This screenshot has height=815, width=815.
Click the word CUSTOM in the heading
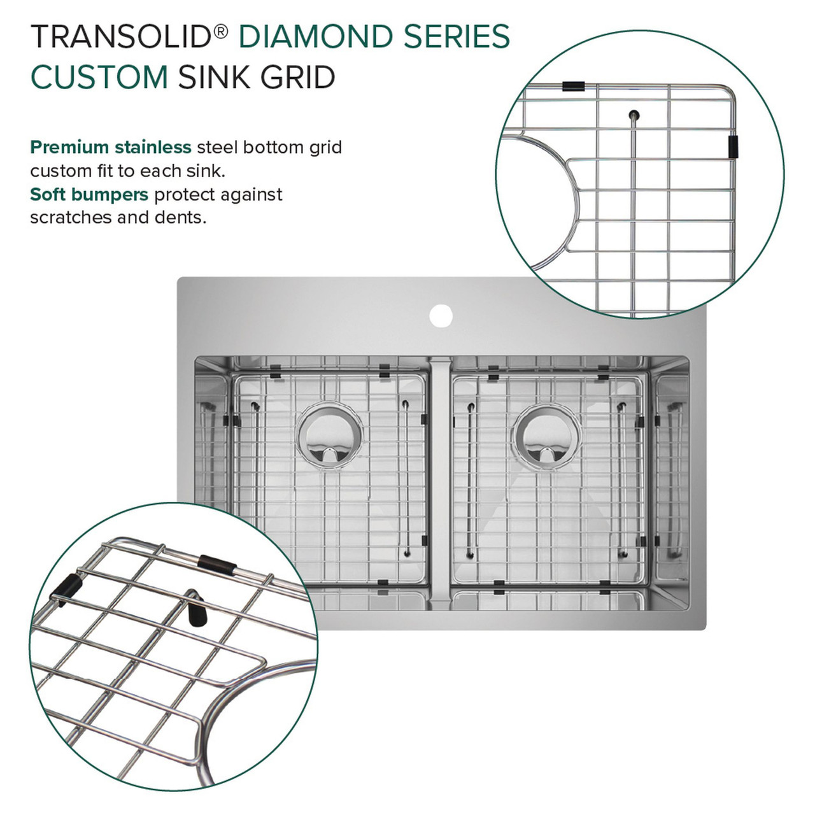pyautogui.click(x=99, y=78)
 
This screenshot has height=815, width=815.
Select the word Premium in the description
pyautogui.click(x=69, y=148)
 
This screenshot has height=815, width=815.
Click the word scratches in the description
pyautogui.click(x=71, y=217)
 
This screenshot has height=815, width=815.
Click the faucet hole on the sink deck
pyautogui.click(x=441, y=315)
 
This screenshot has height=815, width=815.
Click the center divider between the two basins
pyautogui.click(x=440, y=478)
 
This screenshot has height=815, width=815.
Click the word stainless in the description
pyautogui.click(x=153, y=148)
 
